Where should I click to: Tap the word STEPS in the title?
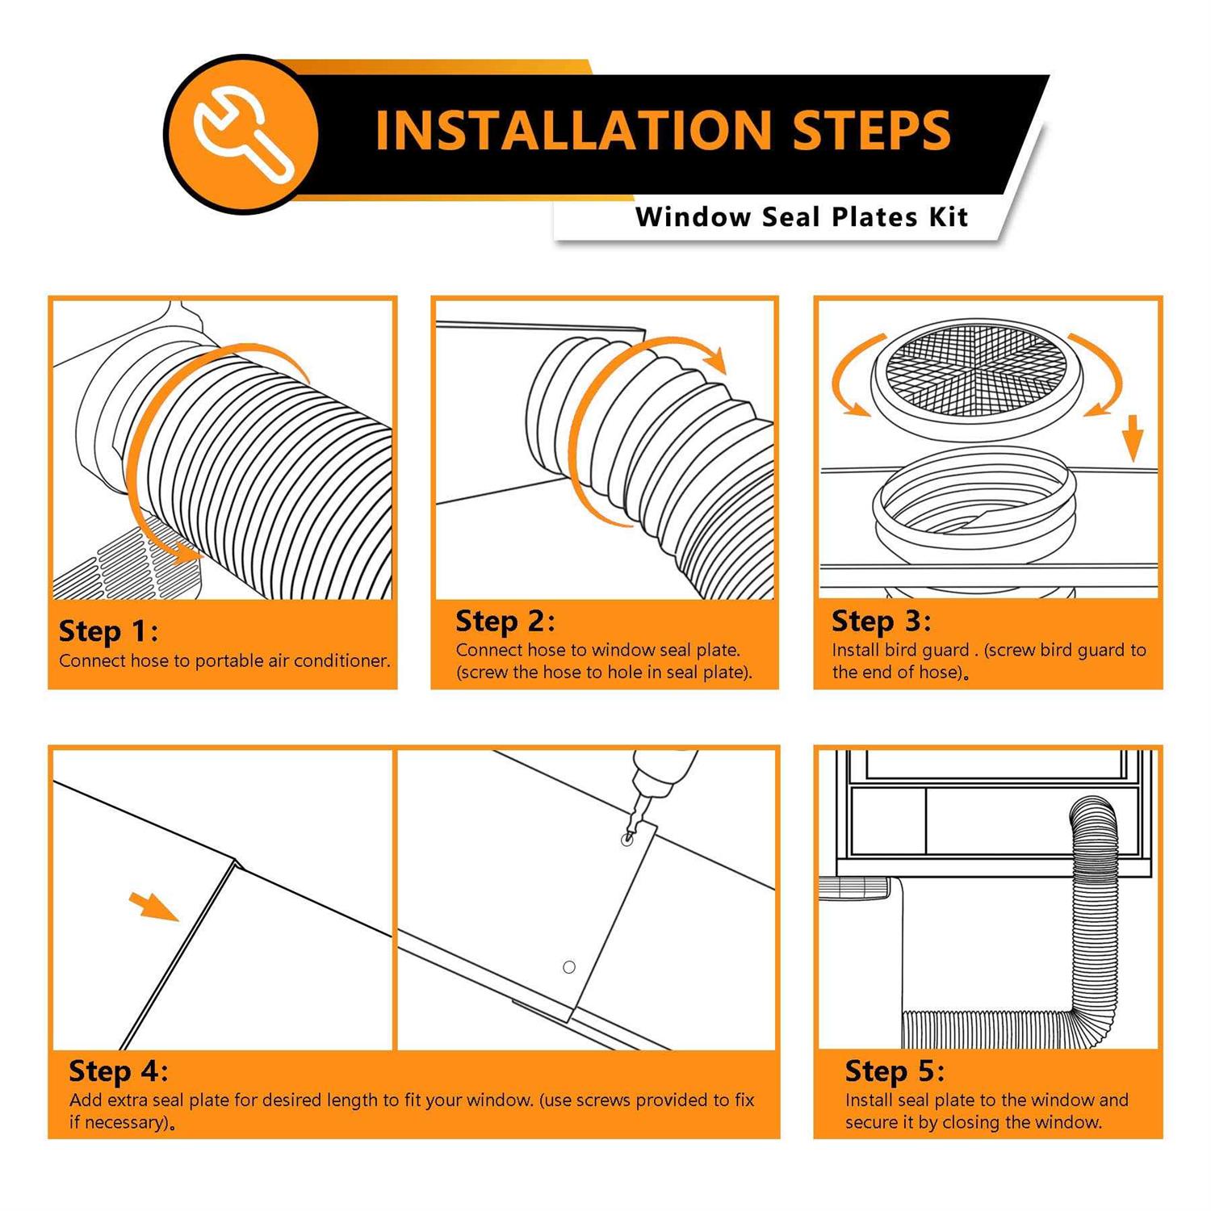click(x=871, y=130)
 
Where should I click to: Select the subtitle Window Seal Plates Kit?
click(x=801, y=217)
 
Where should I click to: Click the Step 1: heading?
click(x=108, y=631)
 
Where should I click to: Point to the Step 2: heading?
click(x=505, y=621)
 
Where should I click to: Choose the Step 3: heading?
click(x=881, y=621)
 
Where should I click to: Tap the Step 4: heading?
click(x=118, y=1071)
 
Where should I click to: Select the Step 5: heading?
click(x=895, y=1071)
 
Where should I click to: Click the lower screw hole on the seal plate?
click(x=568, y=966)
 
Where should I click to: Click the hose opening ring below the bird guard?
click(x=974, y=505)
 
